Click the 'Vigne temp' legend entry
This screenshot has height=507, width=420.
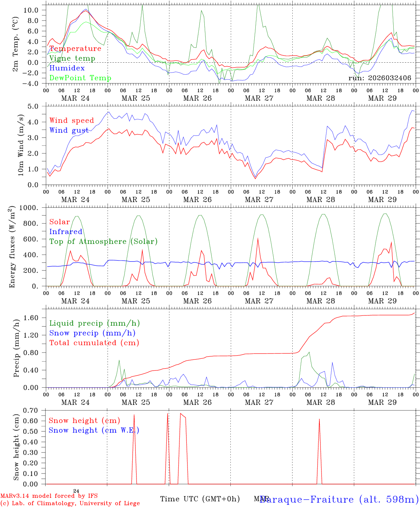pos(72,58)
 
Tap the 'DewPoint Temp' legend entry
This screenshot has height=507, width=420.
pos(80,78)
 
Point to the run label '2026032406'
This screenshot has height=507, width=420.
pos(380,78)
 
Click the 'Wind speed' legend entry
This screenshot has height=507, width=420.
pos(72,121)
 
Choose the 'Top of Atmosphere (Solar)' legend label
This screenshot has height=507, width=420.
pos(103,242)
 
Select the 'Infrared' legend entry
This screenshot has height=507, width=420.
pos(66,232)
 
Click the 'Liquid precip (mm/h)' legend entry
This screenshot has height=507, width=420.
pos(94,323)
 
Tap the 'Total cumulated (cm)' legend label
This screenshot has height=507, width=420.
pos(94,343)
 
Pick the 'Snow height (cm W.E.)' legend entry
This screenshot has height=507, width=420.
pos(94,430)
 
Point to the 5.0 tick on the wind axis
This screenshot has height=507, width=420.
pos(33,106)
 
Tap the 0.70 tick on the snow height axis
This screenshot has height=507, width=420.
pos(31,410)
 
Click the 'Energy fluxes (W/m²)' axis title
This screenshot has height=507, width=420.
pos(13,246)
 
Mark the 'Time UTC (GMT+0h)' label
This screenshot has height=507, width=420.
pos(200,499)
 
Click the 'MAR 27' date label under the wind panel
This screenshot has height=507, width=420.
pos(259,200)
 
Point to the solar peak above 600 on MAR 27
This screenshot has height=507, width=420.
pos(258,239)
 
